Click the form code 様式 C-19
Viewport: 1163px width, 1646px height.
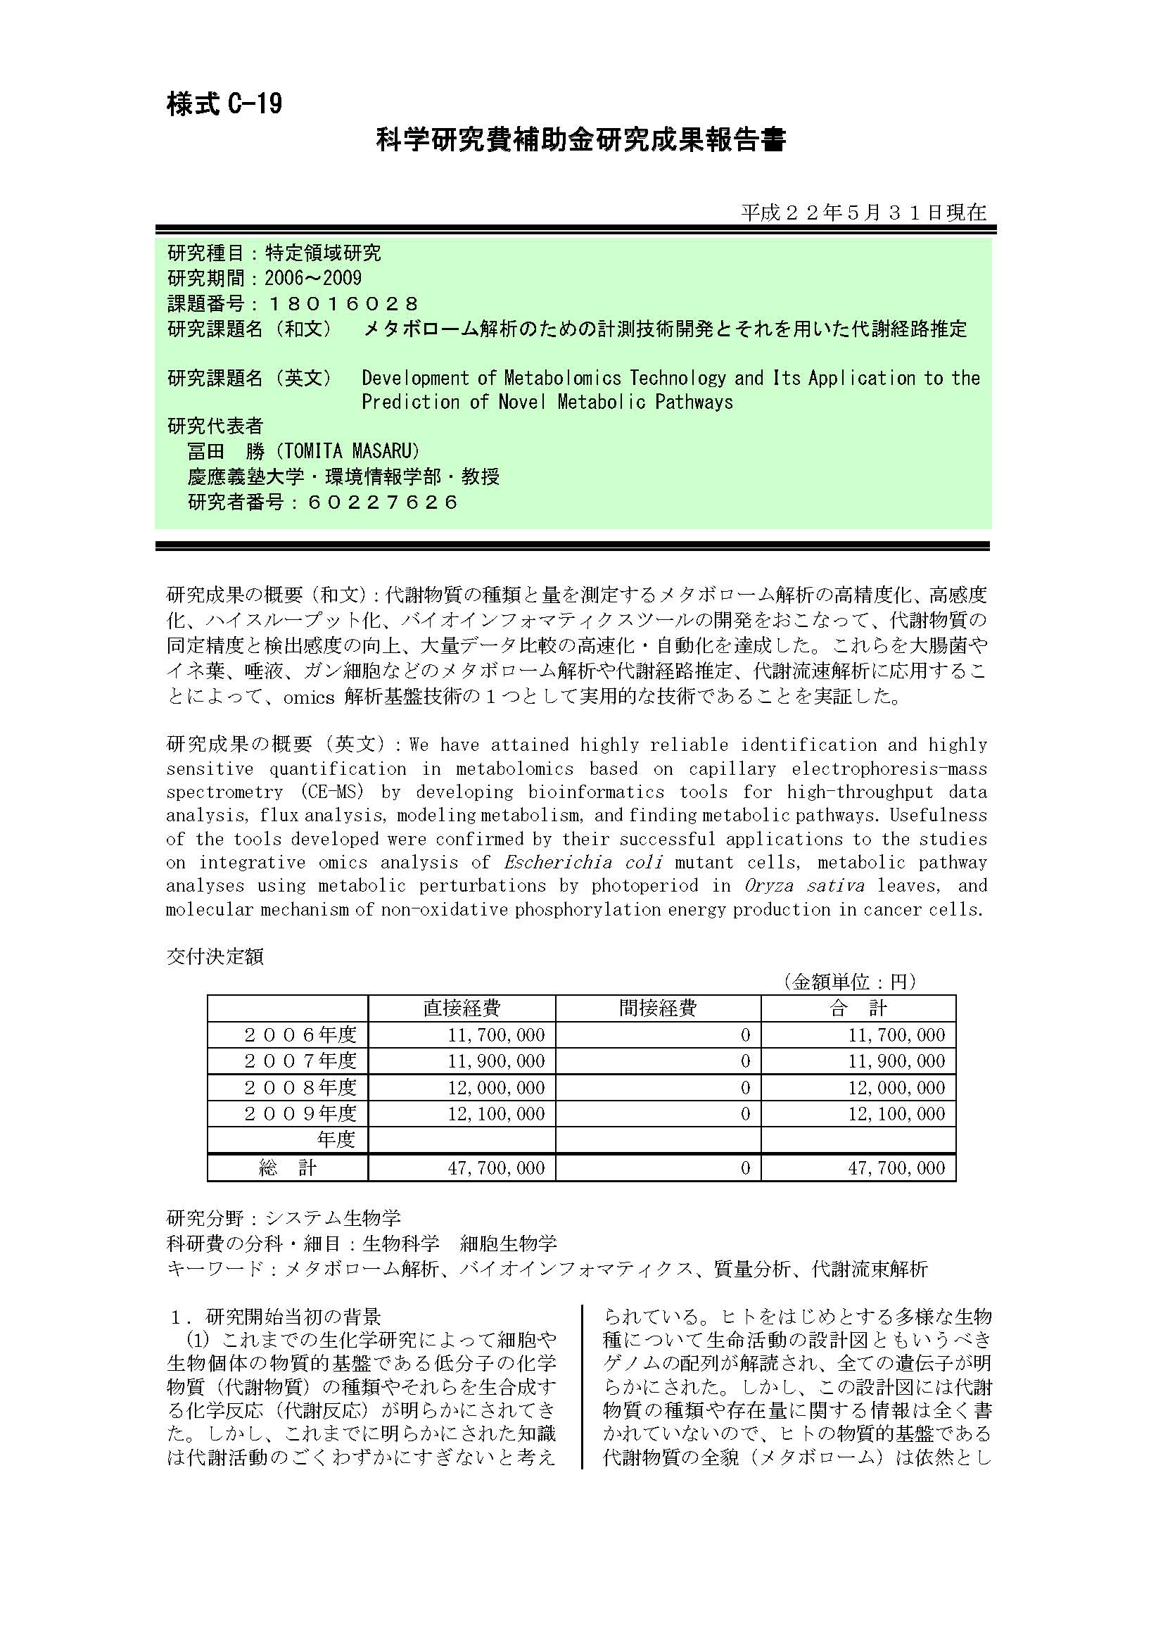(x=224, y=105)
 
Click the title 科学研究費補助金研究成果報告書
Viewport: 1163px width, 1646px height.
(x=581, y=140)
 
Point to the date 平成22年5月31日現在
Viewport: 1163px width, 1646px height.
(x=863, y=213)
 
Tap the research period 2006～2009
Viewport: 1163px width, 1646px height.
(x=313, y=278)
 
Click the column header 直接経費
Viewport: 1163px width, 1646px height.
(x=462, y=1008)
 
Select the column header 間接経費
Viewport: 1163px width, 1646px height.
(x=658, y=1008)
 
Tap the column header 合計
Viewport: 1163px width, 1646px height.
(x=858, y=1008)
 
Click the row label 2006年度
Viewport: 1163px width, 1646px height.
(x=300, y=1035)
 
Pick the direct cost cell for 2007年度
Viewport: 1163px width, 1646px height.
(x=496, y=1061)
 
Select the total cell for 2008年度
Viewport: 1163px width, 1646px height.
(x=896, y=1087)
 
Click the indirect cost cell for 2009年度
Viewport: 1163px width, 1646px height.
(x=745, y=1113)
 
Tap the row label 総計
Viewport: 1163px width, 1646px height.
(x=287, y=1168)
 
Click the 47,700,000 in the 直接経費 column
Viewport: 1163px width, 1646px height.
(x=496, y=1168)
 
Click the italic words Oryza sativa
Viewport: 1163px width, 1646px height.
(x=801, y=886)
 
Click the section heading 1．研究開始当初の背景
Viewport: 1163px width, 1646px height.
(x=276, y=1317)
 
